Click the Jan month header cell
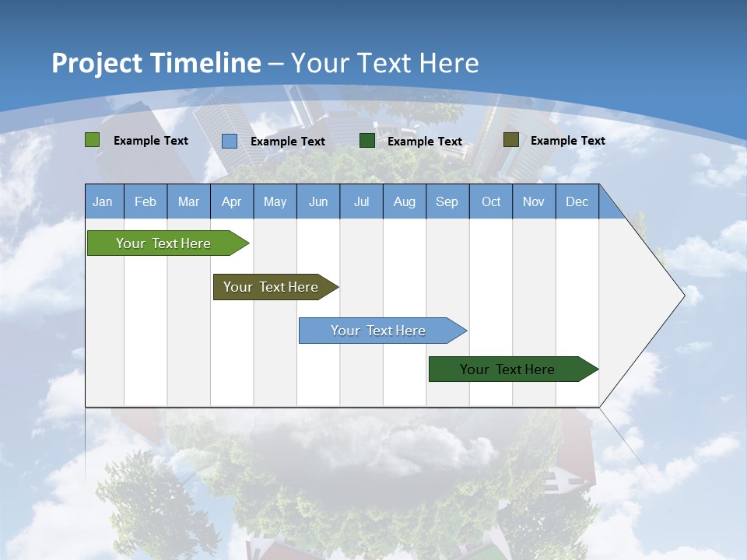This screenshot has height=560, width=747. (x=103, y=201)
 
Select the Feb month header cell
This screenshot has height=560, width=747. (x=146, y=201)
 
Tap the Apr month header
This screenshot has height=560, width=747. (x=232, y=201)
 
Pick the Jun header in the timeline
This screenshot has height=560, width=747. (x=318, y=201)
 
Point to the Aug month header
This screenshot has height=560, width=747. (x=405, y=201)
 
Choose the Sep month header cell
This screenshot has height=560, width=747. (x=447, y=201)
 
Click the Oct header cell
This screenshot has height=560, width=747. (x=491, y=201)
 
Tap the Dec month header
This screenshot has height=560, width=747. (x=577, y=201)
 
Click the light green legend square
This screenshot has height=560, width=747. (x=93, y=140)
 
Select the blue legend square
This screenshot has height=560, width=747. (x=230, y=141)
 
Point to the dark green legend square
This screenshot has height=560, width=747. (x=367, y=141)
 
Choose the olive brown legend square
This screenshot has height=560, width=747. (x=511, y=140)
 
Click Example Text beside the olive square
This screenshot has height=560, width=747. (x=567, y=141)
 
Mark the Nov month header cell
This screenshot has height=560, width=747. (x=534, y=201)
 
